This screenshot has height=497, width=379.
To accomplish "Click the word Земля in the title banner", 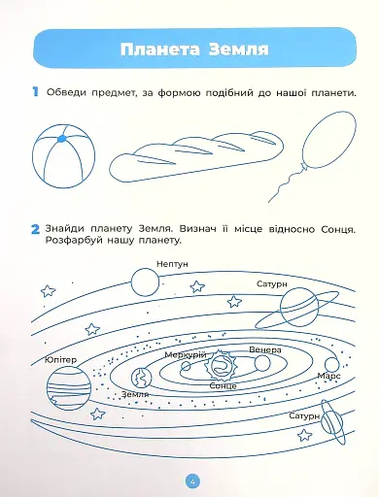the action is coord(238,50).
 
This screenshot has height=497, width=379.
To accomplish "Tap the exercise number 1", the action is coord(35,91).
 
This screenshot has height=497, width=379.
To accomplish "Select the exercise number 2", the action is coord(35,230).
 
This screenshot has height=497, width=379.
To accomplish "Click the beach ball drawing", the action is coord(64,156).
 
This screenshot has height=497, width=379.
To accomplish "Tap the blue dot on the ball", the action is coord(61,139).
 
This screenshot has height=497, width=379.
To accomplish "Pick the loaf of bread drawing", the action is coord(196,154).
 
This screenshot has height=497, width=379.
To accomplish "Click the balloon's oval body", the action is coord(329,139).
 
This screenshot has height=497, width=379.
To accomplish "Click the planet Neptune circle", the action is coord(145,282).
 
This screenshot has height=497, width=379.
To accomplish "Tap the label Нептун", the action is coord(172,264).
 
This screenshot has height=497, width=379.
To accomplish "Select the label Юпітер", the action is coord(60,360).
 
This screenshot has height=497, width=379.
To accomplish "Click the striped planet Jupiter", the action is coord(69,388).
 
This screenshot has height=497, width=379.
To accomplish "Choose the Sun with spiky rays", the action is coord(221,365).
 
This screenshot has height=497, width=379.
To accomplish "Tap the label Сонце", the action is coord(223,386).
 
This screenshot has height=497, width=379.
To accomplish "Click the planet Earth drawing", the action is coord(142,379).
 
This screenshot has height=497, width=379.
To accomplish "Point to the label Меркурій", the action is coord(186,355).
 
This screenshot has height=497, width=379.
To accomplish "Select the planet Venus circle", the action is coord(262,363).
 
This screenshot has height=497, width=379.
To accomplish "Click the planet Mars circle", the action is coord(331,365).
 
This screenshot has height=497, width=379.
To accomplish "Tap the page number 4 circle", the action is coord(192,481).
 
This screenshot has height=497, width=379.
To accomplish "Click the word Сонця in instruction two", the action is coord(338,230).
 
